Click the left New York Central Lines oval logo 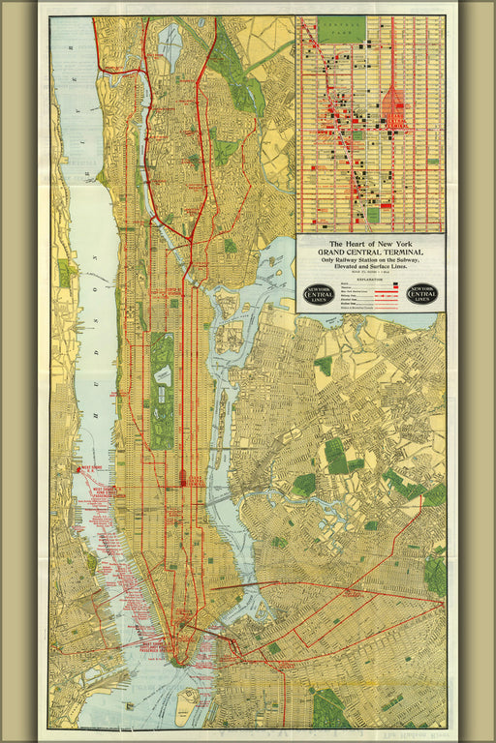[320, 294]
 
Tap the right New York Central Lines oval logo [422, 294]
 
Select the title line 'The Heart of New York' [371, 244]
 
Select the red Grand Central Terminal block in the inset [394, 108]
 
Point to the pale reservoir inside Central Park [163, 371]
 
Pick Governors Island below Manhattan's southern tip [188, 694]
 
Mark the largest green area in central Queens [337, 455]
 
